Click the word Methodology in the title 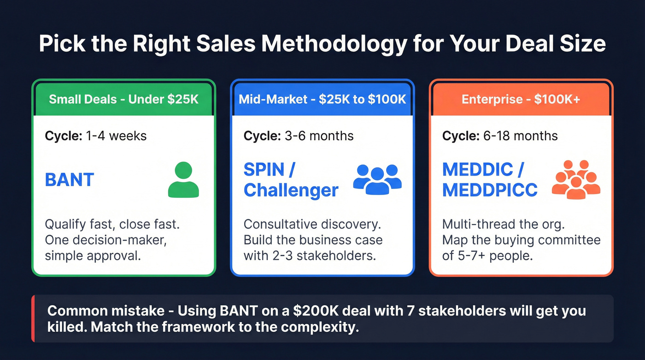point(333,44)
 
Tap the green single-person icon point(183,180)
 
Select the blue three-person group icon point(377,178)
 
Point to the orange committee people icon point(576,180)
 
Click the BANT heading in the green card point(70,180)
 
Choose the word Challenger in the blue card point(291,190)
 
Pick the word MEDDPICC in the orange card point(490,190)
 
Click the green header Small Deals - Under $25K point(123,99)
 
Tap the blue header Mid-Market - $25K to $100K point(322,99)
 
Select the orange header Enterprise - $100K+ point(521,99)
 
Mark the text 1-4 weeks point(116,136)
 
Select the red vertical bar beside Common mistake point(33,319)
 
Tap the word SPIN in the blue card point(264,170)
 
